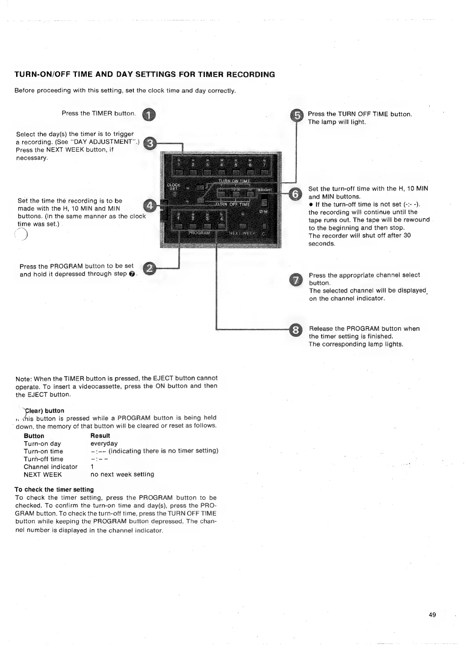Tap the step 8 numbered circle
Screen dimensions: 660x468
[295, 330]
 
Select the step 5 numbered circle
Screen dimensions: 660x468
[296, 115]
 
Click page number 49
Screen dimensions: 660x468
[432, 615]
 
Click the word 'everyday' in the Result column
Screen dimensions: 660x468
[104, 444]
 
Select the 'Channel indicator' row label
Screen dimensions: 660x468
[50, 467]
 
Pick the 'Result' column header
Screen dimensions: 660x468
[100, 436]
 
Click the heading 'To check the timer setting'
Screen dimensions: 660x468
[54, 489]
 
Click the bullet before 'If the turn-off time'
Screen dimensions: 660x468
[311, 204]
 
